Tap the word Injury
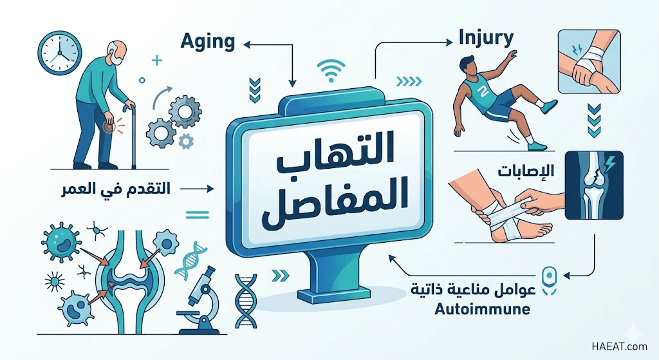487,39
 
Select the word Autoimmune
482,310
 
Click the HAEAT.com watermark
619,346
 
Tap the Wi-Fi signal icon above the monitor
331,70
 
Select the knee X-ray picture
593,185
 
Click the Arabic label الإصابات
526,170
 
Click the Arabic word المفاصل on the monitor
330,200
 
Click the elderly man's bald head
119,48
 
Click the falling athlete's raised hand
511,55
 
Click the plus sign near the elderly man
157,61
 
